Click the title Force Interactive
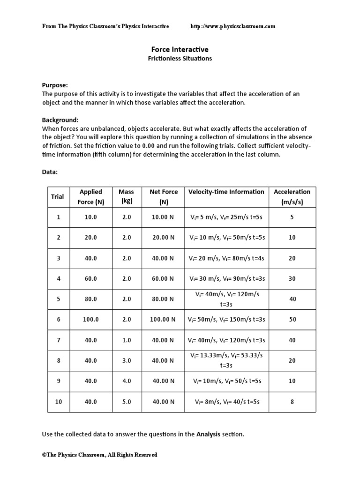180,49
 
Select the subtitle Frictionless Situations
180,59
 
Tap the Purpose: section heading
55,85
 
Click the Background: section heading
60,120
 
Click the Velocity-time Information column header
226,192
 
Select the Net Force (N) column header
164,196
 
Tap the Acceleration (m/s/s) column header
292,196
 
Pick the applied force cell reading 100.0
90,319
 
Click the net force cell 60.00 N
164,278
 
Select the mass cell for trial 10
127,402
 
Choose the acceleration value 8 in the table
292,402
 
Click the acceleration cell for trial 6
292,319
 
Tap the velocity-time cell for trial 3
226,258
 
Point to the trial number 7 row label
59,340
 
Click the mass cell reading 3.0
127,360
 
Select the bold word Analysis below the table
208,434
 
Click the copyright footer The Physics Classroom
100,455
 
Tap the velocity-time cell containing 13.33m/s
226,360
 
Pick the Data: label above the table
50,172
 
